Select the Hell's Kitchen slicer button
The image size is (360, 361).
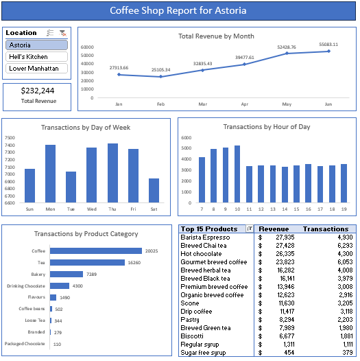(x=36, y=57)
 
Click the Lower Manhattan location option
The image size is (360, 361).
(x=36, y=69)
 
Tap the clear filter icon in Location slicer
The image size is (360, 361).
(x=63, y=33)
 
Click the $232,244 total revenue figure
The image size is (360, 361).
(x=38, y=91)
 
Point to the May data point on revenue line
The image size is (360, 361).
(x=287, y=53)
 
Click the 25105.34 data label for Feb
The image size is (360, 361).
(x=160, y=70)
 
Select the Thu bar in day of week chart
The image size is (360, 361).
(x=112, y=173)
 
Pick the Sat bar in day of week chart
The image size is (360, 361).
(x=154, y=190)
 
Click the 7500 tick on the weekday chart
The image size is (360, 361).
(x=10, y=138)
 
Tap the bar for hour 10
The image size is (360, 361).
(x=237, y=174)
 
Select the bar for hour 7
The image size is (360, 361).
(x=202, y=180)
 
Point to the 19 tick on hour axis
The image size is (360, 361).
(x=344, y=209)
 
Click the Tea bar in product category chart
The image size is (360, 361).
(x=87, y=262)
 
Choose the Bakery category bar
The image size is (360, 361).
(x=67, y=274)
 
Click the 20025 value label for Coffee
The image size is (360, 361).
(x=152, y=251)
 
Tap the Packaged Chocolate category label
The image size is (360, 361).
(x=25, y=344)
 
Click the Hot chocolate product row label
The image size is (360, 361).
(x=201, y=254)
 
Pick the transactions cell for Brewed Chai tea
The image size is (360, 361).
(x=345, y=246)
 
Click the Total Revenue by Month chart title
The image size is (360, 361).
(x=216, y=36)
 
